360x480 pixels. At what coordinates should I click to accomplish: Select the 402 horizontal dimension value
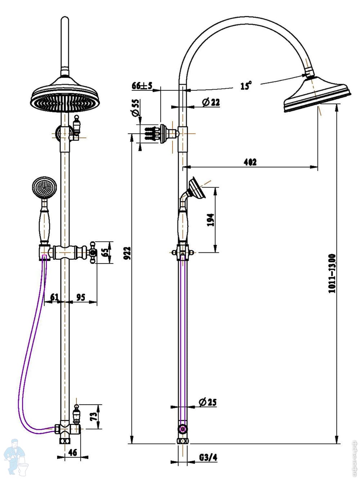(250, 162)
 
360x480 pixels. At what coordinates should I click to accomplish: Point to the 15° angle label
(246, 86)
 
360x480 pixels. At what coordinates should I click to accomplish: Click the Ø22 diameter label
(211, 102)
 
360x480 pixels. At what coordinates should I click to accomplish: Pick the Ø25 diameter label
(207, 402)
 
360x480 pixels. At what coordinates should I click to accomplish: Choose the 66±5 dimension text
(142, 86)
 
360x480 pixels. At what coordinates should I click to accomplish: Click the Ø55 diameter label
(136, 108)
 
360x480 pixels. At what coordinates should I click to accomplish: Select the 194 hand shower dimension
(211, 219)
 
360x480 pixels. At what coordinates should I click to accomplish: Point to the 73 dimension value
(94, 416)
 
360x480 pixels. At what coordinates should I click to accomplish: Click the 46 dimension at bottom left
(73, 452)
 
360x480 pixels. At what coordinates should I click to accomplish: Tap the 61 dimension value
(54, 297)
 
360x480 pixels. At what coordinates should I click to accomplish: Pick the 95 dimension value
(81, 297)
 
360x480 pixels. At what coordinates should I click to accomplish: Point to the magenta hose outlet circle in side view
(183, 429)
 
